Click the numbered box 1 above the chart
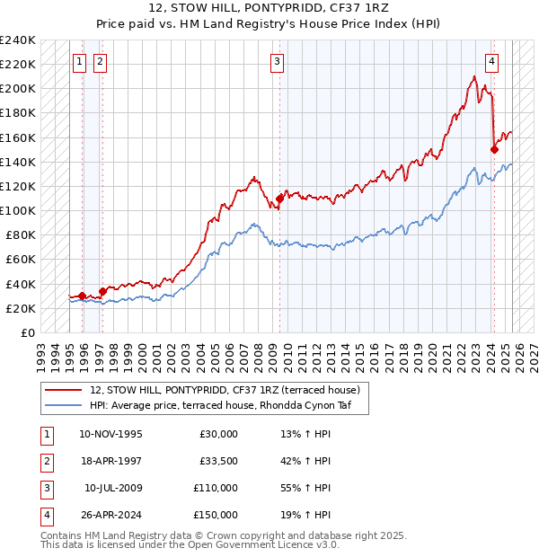[x=79, y=62]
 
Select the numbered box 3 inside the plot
[x=278, y=62]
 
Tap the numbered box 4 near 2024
[x=492, y=62]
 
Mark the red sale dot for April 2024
[x=494, y=150]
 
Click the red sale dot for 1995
[x=83, y=296]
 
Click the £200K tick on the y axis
[x=18, y=89]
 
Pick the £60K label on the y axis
[x=22, y=260]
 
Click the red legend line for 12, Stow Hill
[x=64, y=390]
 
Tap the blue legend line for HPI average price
[x=64, y=405]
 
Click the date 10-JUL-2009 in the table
[x=113, y=488]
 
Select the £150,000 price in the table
[x=216, y=515]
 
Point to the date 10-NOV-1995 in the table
[x=110, y=434]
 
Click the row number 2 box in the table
[x=45, y=461]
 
